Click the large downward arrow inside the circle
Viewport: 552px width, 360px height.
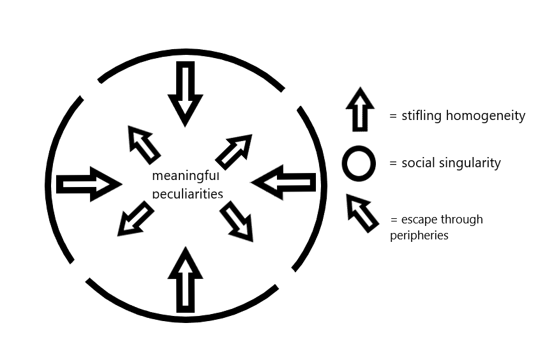(185, 93)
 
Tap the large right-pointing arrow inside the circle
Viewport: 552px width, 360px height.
(89, 184)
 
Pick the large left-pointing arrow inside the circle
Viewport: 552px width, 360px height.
(284, 183)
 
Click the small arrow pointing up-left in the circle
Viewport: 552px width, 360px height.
(144, 144)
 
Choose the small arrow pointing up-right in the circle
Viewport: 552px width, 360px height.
(234, 151)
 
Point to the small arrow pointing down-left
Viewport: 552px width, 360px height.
(135, 219)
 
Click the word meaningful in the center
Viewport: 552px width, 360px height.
(185, 176)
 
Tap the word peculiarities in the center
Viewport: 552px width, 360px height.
(187, 192)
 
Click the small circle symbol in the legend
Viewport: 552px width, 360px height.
(358, 163)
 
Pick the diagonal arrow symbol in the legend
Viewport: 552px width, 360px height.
(361, 213)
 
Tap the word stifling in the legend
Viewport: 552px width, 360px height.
(422, 116)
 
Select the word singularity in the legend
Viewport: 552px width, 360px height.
(468, 163)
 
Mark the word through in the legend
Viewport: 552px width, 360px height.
(463, 220)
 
